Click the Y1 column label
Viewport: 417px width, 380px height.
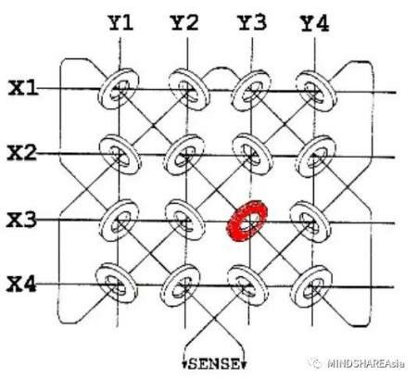120,23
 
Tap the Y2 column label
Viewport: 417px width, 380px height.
184,22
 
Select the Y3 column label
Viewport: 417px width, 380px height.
252,22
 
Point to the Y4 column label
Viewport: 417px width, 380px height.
315,23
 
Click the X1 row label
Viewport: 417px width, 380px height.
23,87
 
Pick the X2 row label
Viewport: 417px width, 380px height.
21,152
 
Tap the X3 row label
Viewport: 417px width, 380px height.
21,220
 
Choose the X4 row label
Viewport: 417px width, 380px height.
21,284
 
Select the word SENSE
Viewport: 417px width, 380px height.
214,364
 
